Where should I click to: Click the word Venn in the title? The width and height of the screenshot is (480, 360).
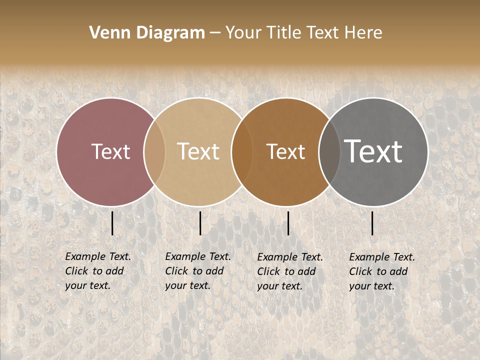[107, 33]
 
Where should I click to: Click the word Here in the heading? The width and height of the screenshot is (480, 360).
[363, 33]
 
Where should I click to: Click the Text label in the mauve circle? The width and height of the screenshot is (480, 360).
[110, 151]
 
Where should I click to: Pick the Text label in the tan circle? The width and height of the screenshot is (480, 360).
[198, 151]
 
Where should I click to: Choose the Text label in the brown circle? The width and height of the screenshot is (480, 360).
[285, 151]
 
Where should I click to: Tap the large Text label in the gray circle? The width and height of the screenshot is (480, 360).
[373, 151]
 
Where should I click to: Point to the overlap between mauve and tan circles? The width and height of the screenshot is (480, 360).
[154, 152]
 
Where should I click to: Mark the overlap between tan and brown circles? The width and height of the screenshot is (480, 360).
[242, 152]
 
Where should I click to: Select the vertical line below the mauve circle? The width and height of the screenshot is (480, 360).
[112, 223]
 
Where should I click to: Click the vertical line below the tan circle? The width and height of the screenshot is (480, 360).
[200, 223]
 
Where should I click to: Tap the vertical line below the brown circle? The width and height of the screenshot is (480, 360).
[288, 223]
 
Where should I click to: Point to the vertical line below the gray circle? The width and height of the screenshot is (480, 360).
[372, 223]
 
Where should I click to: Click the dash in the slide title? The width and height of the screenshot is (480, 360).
[215, 33]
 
